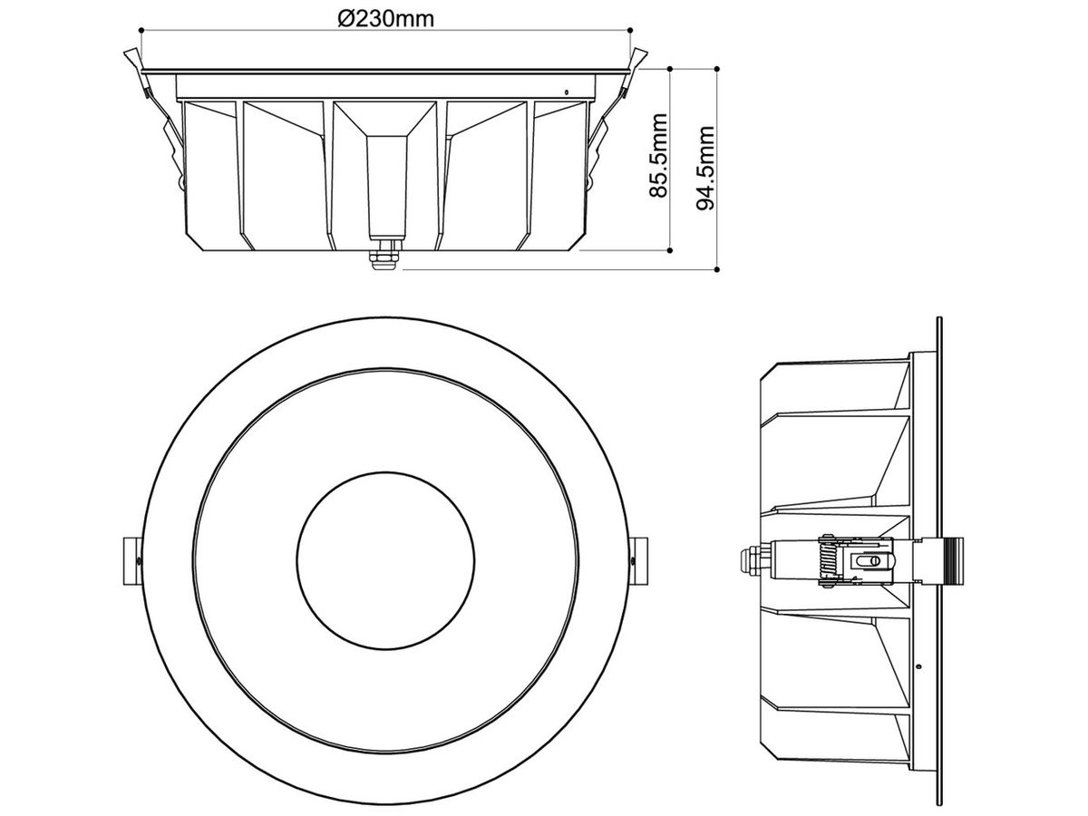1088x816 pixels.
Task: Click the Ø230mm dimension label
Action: (x=385, y=19)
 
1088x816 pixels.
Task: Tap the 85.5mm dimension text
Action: (x=659, y=156)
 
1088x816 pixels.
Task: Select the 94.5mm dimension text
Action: (x=705, y=168)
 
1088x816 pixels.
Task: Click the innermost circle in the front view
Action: (x=385, y=560)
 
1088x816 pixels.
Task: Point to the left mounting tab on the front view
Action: (x=131, y=561)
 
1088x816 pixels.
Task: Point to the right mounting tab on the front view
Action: (x=639, y=561)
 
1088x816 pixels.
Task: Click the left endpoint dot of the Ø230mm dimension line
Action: (x=141, y=30)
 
